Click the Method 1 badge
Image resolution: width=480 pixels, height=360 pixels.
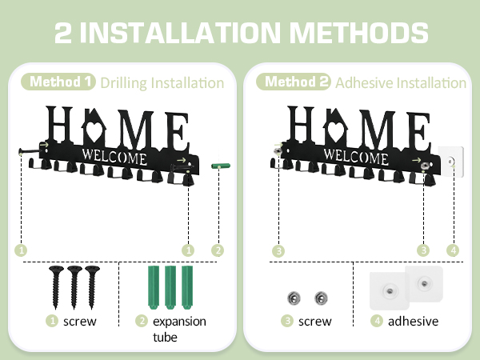click(x=58, y=82)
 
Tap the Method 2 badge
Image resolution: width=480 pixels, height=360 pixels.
click(x=294, y=82)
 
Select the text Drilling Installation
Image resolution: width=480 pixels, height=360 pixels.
click(x=162, y=83)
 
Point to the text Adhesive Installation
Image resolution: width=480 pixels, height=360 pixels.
click(x=401, y=83)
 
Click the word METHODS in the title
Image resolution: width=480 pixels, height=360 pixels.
click(x=358, y=33)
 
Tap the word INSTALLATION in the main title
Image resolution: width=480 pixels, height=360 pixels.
click(x=180, y=33)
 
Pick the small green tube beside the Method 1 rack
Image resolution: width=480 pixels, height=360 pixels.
click(x=221, y=166)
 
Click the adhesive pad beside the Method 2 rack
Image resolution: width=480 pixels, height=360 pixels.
click(x=450, y=162)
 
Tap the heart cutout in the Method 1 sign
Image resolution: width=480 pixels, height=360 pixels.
click(x=94, y=130)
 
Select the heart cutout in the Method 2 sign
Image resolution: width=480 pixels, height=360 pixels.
click(x=335, y=130)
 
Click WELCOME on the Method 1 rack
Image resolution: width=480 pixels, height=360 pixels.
click(x=114, y=157)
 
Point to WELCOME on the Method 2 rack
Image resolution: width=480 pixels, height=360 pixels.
click(x=356, y=157)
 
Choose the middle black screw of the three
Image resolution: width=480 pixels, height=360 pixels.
click(x=74, y=287)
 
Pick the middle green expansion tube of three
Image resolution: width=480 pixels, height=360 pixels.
click(x=170, y=287)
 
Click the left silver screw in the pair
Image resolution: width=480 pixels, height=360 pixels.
click(x=294, y=298)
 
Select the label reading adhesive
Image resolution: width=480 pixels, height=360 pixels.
click(x=413, y=321)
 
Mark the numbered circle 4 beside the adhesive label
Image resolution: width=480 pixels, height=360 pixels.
click(x=377, y=321)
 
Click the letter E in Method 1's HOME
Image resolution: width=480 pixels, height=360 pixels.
click(x=177, y=132)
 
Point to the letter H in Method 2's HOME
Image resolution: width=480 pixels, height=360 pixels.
click(x=302, y=124)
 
